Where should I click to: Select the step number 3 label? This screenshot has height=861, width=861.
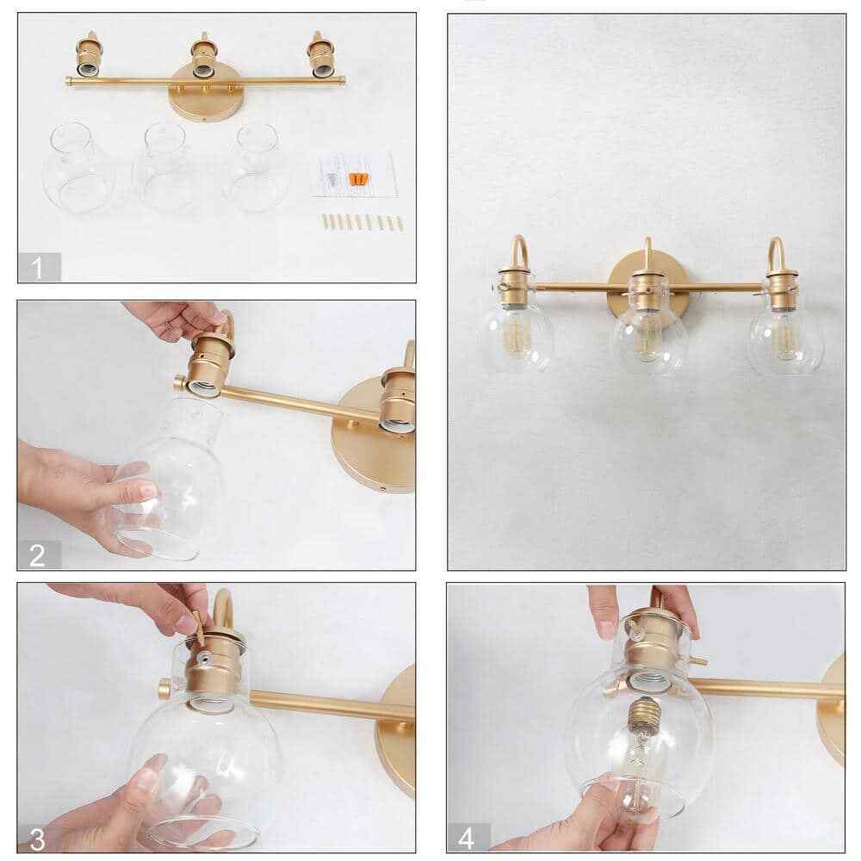(x=39, y=837)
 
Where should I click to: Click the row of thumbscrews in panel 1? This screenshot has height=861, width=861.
(x=360, y=221)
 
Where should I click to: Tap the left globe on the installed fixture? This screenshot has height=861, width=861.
(x=518, y=332)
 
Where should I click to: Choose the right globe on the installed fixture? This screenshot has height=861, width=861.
(x=785, y=335)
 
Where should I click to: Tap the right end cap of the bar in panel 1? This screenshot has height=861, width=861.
(x=344, y=81)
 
